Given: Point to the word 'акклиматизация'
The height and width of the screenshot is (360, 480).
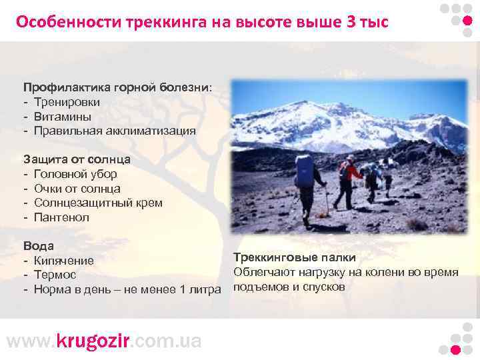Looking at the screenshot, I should pyautogui.click(x=149, y=131).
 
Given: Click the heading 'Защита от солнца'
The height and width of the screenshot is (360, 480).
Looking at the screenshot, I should pyautogui.click(x=77, y=159).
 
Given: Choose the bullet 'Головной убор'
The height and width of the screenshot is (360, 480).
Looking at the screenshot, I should pyautogui.click(x=75, y=174).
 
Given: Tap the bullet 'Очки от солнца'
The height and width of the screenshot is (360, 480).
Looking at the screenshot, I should pyautogui.click(x=77, y=189).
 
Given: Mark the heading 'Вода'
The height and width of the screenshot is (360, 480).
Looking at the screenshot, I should pyautogui.click(x=39, y=246).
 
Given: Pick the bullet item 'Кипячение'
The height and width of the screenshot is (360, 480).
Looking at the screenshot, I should pyautogui.click(x=64, y=261).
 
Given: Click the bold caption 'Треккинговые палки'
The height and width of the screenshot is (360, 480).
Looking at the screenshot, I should pyautogui.click(x=294, y=257).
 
